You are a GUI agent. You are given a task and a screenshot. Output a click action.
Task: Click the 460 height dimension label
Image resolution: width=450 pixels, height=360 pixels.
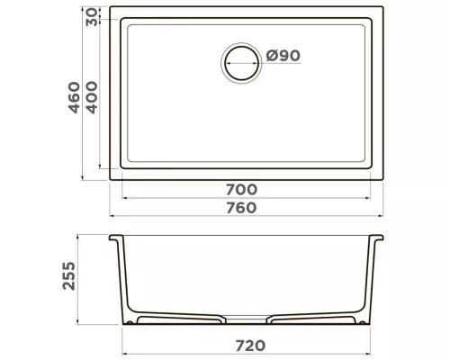(x=75, y=97)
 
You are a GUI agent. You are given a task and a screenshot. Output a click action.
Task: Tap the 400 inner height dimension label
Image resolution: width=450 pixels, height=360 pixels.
(x=92, y=97)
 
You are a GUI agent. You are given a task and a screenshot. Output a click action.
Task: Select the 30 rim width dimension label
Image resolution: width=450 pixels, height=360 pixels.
(x=92, y=17)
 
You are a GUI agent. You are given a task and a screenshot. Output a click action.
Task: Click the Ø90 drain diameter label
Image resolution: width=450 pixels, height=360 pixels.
(x=283, y=56)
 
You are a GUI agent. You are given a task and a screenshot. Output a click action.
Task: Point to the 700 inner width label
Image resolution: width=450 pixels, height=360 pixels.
(x=241, y=190)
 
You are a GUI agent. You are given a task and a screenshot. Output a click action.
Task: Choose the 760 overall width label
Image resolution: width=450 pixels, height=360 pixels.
(x=241, y=208)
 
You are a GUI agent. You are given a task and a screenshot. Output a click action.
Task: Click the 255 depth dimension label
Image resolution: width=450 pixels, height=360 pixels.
(x=69, y=275)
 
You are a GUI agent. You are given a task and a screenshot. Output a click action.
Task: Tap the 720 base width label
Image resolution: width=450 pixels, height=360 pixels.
(x=250, y=346)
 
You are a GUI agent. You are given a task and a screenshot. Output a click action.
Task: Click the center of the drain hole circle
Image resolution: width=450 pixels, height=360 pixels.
(x=241, y=63)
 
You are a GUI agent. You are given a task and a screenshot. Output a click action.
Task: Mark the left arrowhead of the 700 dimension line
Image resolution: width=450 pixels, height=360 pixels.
(x=124, y=198)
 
